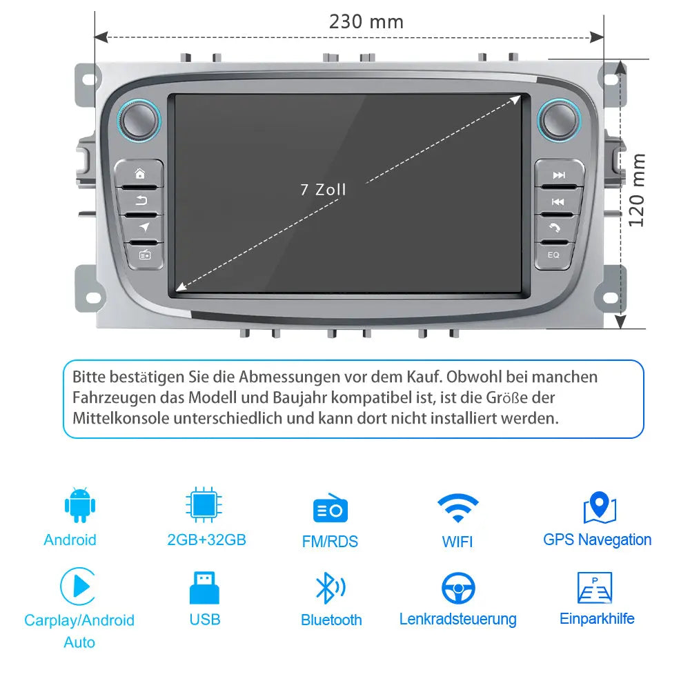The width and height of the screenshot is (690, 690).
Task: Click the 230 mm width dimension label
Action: tap(366, 22)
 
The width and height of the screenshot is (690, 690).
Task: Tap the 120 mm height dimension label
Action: tap(636, 190)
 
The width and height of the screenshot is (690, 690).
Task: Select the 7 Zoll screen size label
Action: tap(324, 190)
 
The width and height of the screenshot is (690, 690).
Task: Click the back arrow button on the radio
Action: tap(141, 201)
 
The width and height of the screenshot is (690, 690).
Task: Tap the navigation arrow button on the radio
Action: tap(144, 228)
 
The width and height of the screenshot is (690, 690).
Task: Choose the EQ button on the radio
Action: tap(553, 255)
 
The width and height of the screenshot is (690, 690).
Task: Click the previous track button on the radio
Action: tap(558, 201)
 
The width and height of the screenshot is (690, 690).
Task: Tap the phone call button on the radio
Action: tap(555, 228)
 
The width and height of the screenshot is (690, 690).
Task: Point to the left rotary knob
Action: tap(139, 120)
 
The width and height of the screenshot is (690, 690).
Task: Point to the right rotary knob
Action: tap(559, 120)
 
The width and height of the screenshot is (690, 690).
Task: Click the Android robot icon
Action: tap(79, 505)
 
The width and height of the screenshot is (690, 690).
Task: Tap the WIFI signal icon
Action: tap(458, 507)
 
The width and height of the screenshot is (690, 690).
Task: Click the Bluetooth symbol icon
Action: tap(331, 588)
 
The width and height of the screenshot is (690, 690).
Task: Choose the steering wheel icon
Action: tap(458, 588)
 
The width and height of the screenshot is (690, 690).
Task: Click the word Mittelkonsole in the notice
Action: tap(121, 419)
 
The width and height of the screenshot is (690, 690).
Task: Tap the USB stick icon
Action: tap(204, 587)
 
